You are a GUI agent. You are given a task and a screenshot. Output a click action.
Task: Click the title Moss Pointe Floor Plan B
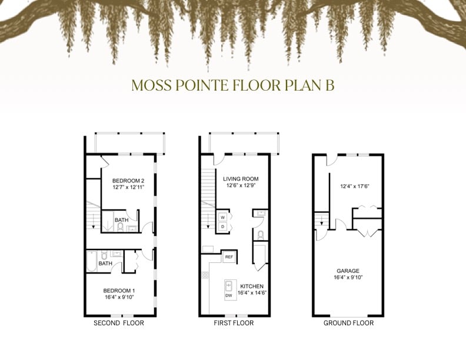click(x=232, y=85)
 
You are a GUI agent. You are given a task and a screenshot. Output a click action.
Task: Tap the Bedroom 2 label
click(x=128, y=181)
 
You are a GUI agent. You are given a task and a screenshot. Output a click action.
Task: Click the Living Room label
click(x=241, y=179)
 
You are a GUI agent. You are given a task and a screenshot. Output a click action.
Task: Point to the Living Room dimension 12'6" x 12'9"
click(x=241, y=185)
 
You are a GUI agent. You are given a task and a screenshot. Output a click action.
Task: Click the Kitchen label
click(x=252, y=286)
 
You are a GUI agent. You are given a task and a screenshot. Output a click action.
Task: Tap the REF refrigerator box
click(x=229, y=257)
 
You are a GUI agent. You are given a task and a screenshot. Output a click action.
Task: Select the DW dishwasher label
click(x=228, y=295)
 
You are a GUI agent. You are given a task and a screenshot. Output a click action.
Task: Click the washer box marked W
click(x=223, y=218)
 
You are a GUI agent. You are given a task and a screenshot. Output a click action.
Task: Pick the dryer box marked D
click(x=223, y=227)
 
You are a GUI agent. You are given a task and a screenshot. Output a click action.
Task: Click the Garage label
click(x=348, y=271)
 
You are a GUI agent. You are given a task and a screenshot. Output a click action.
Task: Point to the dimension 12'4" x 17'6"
click(x=355, y=186)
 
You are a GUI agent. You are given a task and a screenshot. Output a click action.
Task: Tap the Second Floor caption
click(x=119, y=323)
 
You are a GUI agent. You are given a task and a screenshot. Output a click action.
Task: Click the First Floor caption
click(x=234, y=323)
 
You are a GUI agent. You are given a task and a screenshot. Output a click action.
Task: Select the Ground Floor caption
click(x=348, y=323)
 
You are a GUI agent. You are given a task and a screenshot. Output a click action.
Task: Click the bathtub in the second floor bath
click(x=92, y=261)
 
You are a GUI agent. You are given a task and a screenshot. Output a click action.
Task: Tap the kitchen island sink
click(x=228, y=286)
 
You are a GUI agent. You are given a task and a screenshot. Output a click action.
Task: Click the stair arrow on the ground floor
click(x=322, y=221)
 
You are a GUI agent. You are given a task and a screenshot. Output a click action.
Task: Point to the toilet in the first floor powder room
click(x=261, y=235)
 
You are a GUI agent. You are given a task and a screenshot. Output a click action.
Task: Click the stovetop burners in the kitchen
click(x=205, y=275)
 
